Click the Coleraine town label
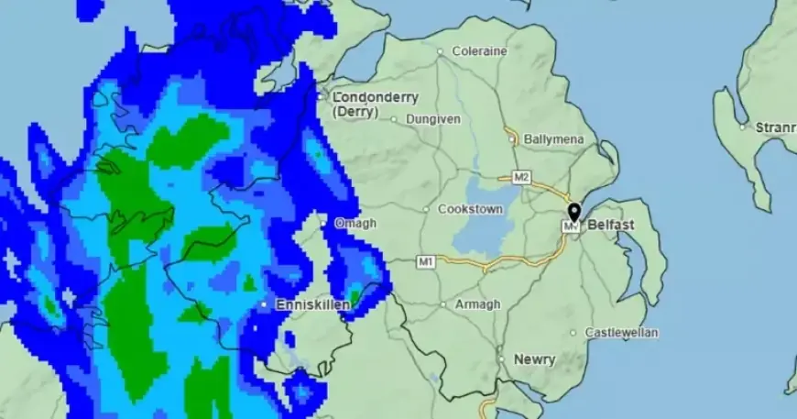tap(478, 51)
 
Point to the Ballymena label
tap(554, 139)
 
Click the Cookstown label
tap(471, 209)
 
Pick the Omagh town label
tap(355, 223)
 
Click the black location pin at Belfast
tap(573, 214)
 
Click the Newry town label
tap(534, 359)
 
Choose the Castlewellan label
tap(620, 333)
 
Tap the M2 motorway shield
tap(521, 177)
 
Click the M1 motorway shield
tap(425, 262)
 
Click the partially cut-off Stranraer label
tap(774, 127)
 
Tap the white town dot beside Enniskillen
tap(264, 303)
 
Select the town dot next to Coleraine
tap(441, 52)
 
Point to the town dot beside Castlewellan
tap(573, 333)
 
